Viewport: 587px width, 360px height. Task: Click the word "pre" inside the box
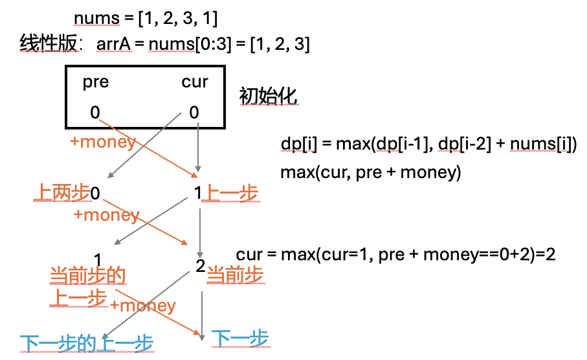[x=96, y=82]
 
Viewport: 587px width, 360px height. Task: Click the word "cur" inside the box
[x=195, y=82]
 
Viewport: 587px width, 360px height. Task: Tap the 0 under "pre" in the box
[x=95, y=113]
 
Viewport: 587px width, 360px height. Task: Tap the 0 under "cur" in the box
[x=194, y=113]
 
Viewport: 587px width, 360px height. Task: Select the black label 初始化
[x=268, y=95]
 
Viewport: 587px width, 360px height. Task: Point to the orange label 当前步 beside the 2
[x=235, y=275]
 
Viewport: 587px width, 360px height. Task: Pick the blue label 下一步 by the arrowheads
[x=240, y=338]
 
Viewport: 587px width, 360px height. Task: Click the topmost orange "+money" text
[x=102, y=142]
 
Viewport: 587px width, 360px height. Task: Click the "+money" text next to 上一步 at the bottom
[x=142, y=305]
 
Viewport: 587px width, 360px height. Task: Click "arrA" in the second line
[x=115, y=44]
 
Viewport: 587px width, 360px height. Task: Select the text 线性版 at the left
[x=49, y=44]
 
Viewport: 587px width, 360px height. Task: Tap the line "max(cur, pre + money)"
[x=370, y=173]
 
